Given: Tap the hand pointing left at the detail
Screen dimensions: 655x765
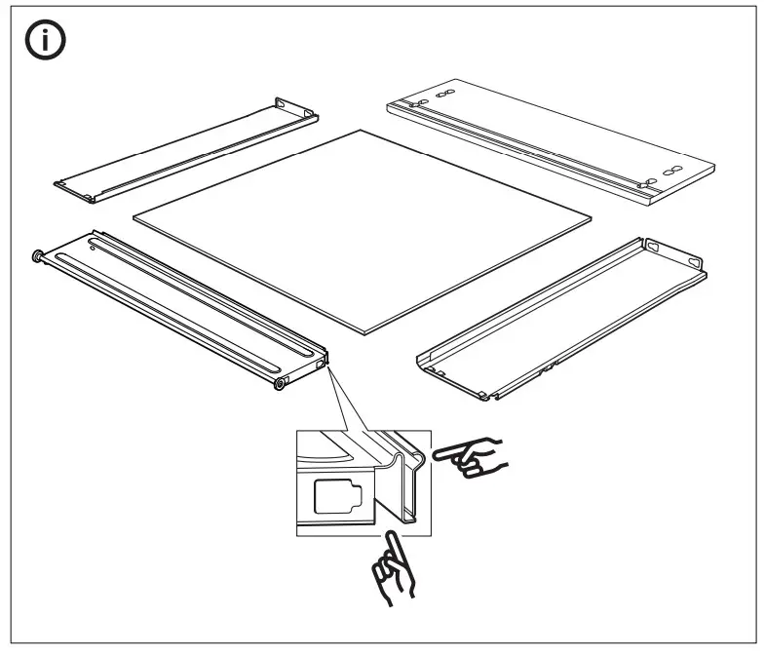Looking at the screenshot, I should pos(470,456).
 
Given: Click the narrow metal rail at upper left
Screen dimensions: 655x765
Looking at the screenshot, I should pos(185,146).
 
